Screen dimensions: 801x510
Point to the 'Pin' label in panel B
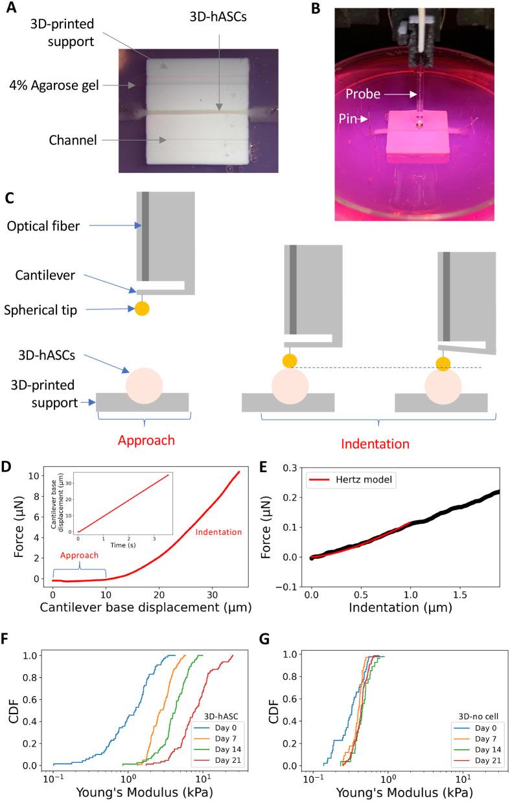tap(354, 119)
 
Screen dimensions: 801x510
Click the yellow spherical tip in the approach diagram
tap(142, 308)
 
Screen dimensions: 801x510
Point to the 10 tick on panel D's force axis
tap(38, 475)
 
